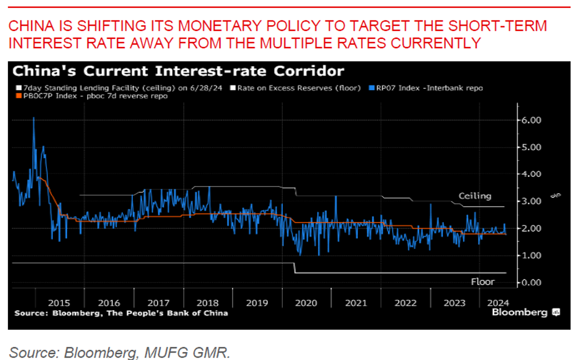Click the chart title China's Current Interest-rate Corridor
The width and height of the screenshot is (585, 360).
click(x=178, y=72)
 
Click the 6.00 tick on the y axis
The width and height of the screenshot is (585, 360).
click(x=532, y=120)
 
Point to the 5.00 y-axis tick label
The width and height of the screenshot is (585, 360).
click(x=532, y=147)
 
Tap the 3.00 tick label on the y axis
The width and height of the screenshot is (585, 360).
click(x=532, y=201)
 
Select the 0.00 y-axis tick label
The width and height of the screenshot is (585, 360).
click(x=532, y=283)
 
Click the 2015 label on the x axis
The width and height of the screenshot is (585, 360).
click(x=59, y=303)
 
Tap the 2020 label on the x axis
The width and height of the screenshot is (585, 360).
click(x=305, y=303)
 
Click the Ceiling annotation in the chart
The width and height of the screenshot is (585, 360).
click(x=475, y=196)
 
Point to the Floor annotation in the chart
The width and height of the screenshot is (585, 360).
click(x=482, y=282)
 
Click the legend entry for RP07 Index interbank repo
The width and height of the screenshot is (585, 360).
click(x=429, y=88)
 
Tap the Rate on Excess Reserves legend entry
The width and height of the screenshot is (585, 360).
click(x=298, y=88)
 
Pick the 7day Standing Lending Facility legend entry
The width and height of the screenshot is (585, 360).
click(x=120, y=88)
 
